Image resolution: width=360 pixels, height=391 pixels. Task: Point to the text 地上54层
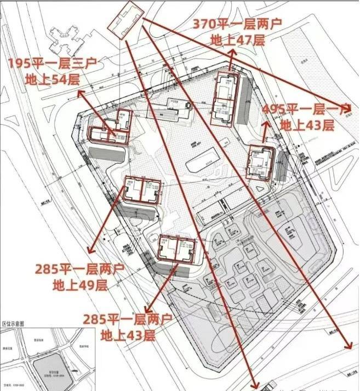point(52,79)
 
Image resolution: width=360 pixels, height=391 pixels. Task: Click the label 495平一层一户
point(307,108)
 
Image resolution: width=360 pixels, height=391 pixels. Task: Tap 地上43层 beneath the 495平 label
point(307,125)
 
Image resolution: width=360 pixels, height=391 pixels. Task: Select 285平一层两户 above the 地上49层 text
point(79,269)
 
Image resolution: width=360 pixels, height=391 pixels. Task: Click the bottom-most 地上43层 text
point(127,335)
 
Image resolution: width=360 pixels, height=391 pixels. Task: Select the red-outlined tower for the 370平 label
point(224,99)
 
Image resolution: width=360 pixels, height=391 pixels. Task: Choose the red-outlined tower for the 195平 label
point(110,129)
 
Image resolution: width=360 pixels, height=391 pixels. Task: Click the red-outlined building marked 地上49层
point(142,190)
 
